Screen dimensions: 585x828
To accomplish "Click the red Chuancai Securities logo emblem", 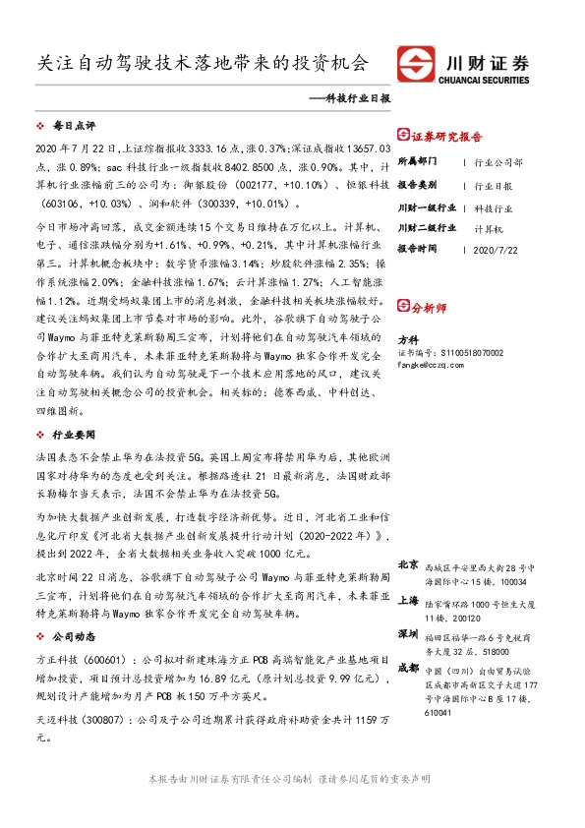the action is [414, 63].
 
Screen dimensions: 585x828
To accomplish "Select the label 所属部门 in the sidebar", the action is [417, 160].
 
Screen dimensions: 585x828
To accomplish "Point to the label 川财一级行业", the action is [427, 207].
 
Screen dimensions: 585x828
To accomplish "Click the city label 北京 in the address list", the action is [408, 564].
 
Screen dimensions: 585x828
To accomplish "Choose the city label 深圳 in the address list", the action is [408, 632].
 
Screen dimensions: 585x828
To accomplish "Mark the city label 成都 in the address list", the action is [408, 668].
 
